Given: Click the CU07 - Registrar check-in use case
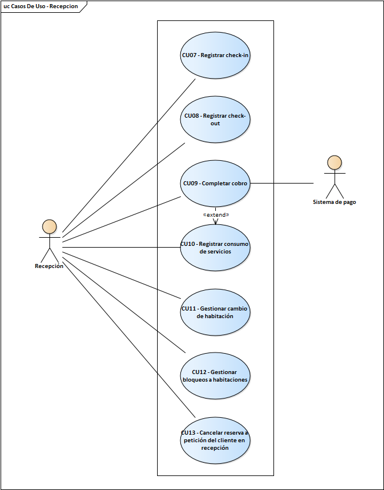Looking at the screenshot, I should tap(215, 56).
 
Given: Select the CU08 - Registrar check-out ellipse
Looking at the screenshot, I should tap(215, 119).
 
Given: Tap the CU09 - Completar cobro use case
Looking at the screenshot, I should tap(215, 184).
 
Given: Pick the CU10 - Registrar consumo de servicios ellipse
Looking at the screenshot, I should tap(215, 248).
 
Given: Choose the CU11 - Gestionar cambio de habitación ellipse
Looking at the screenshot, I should tap(215, 312).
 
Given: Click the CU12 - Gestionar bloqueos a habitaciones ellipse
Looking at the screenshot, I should tap(215, 376).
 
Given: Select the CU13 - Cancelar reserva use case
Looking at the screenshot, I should tap(215, 440).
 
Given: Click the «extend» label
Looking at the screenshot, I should tap(215, 215).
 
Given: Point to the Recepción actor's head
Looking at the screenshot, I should tap(49, 226).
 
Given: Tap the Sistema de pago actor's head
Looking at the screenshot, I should tap(334, 162).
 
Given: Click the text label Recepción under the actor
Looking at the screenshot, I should tap(49, 266).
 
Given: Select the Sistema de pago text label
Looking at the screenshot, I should tap(334, 202).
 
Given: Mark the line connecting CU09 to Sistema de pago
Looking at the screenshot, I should tap(282, 184).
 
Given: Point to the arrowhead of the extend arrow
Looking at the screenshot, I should tap(215, 223).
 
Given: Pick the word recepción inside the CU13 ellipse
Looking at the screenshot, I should tap(215, 448).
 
